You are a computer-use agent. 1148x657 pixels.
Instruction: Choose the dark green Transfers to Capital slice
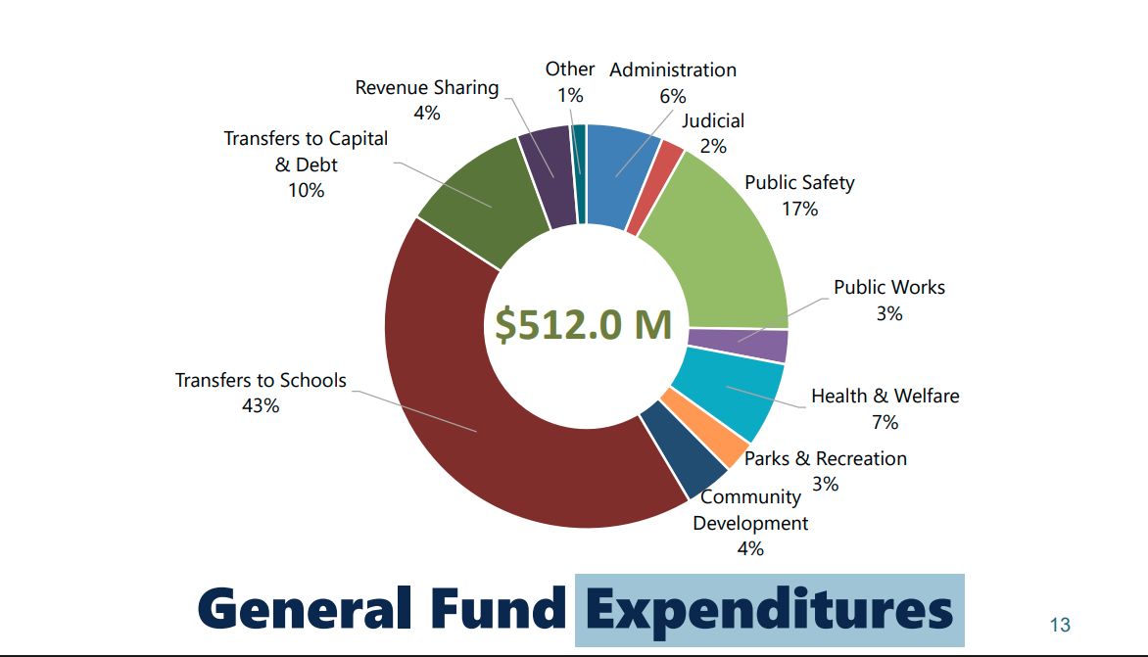coord(484,200)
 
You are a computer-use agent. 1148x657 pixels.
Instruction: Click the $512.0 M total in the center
coord(584,325)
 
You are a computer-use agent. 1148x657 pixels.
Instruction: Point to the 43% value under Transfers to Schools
coord(261,405)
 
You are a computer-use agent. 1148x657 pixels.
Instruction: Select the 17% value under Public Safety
coord(799,209)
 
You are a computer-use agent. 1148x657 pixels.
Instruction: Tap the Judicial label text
coord(713,120)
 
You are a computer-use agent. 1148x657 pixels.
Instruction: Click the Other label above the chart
coord(570,70)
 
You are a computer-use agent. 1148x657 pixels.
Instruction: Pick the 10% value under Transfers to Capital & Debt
coord(306,190)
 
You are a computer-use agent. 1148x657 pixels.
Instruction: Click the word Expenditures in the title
coord(769,609)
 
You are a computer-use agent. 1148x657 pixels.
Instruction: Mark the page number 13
coord(1059,625)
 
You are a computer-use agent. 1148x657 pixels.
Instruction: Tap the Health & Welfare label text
coord(885,397)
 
